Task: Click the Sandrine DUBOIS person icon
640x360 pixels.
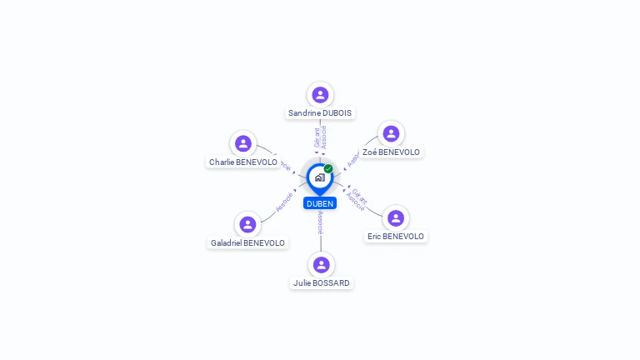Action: click(320, 94)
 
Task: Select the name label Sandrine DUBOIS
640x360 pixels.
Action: click(320, 112)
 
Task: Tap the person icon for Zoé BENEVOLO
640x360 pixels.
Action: click(391, 133)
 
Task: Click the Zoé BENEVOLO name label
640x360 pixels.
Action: click(392, 152)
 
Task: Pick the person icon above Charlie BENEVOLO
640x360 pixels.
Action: click(242, 143)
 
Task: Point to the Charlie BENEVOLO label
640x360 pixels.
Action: click(243, 162)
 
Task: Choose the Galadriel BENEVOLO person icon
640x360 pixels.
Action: click(247, 224)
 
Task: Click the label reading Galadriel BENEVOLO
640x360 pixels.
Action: click(247, 242)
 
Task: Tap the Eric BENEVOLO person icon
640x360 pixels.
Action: click(396, 217)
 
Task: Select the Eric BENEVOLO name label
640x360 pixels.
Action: click(396, 236)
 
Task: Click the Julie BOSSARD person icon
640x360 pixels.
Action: click(322, 264)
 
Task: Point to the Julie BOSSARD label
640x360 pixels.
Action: click(322, 282)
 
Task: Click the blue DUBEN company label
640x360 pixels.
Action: click(320, 203)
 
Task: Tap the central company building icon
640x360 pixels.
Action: click(319, 177)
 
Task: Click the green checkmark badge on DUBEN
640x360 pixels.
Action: click(328, 168)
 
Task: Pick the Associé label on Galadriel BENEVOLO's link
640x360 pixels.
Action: click(284, 203)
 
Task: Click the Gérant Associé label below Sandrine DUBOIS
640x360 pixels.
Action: click(320, 137)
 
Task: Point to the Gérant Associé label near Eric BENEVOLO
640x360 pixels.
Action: click(357, 200)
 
